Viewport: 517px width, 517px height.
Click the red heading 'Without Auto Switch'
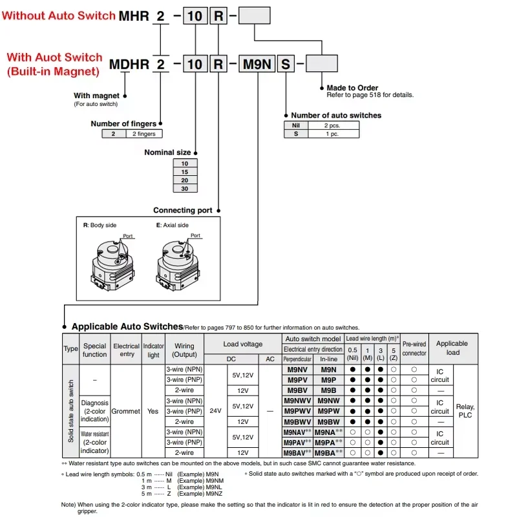click(x=59, y=15)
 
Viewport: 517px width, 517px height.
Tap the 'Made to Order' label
click(x=352, y=88)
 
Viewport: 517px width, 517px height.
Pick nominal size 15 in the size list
click(x=185, y=173)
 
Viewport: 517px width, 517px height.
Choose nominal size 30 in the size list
click(x=185, y=189)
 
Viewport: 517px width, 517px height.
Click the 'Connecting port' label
click(x=183, y=210)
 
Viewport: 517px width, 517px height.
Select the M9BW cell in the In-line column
click(x=329, y=421)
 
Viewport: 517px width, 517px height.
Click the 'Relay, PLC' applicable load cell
click(x=465, y=411)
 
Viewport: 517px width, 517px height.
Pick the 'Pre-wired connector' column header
click(x=414, y=349)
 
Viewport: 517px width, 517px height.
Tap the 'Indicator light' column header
click(x=153, y=350)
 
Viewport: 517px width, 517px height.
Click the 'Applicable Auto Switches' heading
click(x=127, y=327)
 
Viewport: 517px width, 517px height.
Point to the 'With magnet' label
click(x=96, y=96)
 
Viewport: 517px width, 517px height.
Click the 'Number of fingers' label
click(x=123, y=123)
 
